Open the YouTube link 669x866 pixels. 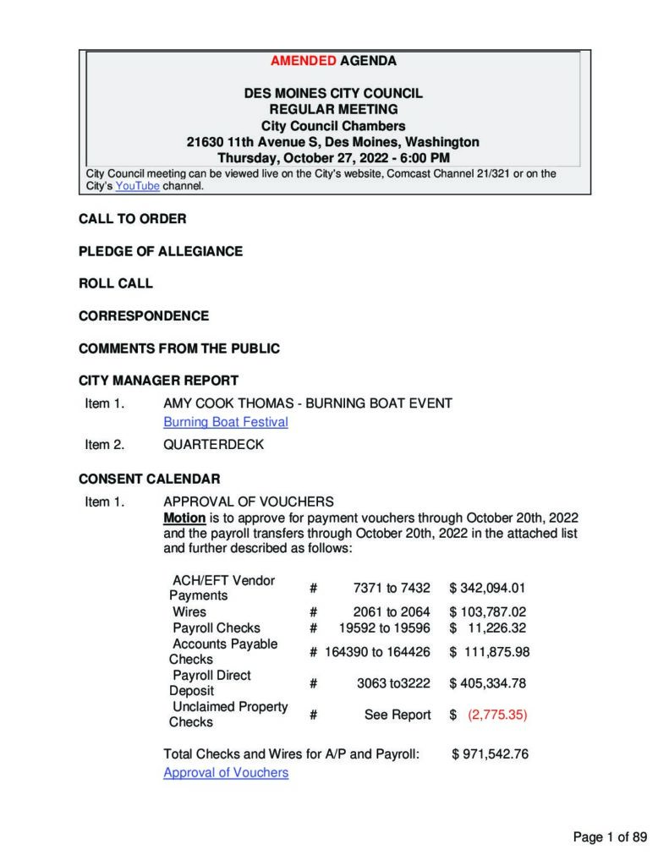pyautogui.click(x=137, y=186)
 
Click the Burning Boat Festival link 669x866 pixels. pyautogui.click(x=225, y=421)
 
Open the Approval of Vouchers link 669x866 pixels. pyautogui.click(x=225, y=772)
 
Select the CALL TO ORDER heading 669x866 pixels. pyautogui.click(x=133, y=219)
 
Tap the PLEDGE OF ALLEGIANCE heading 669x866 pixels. pyautogui.click(x=161, y=251)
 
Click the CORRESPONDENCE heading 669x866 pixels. pyautogui.click(x=144, y=315)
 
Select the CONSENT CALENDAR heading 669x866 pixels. pyautogui.click(x=150, y=479)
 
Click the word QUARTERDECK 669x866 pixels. pyautogui.click(x=213, y=444)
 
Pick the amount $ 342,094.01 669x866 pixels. pyautogui.click(x=488, y=588)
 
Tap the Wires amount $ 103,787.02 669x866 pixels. pyautogui.click(x=488, y=611)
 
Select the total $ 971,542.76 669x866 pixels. pyautogui.click(x=491, y=754)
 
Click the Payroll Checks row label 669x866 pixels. pyautogui.click(x=216, y=628)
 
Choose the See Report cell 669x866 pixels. pyautogui.click(x=398, y=715)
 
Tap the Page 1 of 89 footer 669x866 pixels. pyautogui.click(x=610, y=837)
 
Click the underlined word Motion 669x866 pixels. pyautogui.click(x=184, y=518)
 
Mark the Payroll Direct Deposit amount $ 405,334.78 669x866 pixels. pyautogui.click(x=488, y=682)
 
